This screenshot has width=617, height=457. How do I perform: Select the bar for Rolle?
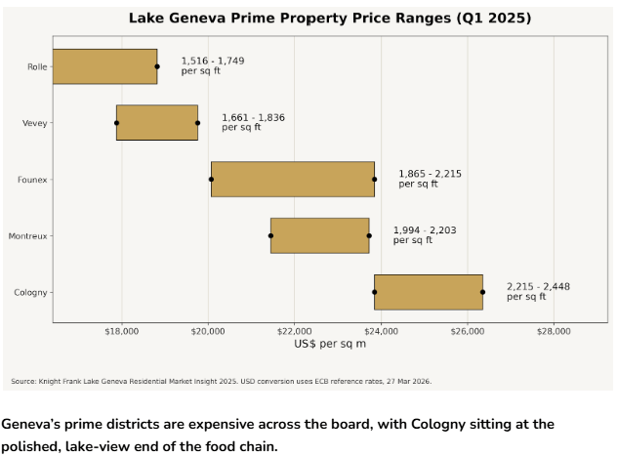tap(104, 66)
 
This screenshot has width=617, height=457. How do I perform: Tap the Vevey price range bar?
tap(157, 123)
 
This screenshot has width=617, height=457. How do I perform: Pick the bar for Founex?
tap(293, 180)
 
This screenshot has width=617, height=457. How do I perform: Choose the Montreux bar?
tap(319, 235)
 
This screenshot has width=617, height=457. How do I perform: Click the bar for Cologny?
tap(429, 292)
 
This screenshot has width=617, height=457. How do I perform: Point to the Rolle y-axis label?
tap(38, 66)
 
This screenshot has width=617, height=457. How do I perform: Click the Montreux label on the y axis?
tap(28, 236)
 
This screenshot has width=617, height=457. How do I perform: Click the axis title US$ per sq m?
tap(330, 344)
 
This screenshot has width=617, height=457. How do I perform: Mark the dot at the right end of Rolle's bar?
tap(157, 66)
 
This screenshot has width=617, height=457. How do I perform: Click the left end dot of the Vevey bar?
tap(117, 123)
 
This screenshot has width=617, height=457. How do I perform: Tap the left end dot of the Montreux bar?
tap(270, 235)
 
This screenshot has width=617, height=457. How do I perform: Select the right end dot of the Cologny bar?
tap(482, 292)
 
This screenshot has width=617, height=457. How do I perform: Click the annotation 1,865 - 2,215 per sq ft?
tap(430, 179)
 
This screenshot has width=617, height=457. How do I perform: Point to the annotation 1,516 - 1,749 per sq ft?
tap(212, 65)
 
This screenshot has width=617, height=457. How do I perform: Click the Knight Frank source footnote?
tap(221, 381)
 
